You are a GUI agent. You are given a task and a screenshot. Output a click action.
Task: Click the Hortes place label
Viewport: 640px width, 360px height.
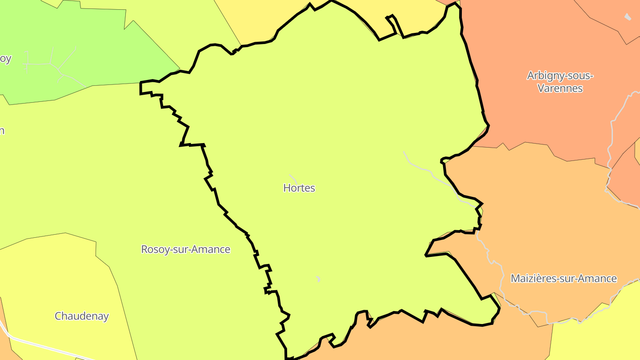click(299, 188)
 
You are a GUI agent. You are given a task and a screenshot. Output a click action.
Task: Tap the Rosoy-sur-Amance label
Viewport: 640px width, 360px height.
click(186, 249)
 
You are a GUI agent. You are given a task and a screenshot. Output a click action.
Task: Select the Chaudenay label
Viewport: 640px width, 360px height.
click(82, 316)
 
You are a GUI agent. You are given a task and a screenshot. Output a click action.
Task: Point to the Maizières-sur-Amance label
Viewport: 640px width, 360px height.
click(564, 279)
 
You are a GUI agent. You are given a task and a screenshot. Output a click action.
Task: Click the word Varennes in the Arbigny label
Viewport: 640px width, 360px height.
click(560, 88)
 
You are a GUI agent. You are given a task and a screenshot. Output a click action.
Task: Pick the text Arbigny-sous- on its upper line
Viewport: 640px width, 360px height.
click(560, 76)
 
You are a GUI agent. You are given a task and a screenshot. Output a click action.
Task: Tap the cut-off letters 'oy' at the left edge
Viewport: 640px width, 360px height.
click(5, 59)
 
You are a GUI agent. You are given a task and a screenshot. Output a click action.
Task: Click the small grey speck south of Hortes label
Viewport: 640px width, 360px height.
click(318, 279)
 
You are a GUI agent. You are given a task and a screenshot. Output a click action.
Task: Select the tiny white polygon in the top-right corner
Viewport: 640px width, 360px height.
click(628, 17)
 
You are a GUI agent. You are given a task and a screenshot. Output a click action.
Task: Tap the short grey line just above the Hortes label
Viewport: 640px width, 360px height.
click(293, 178)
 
